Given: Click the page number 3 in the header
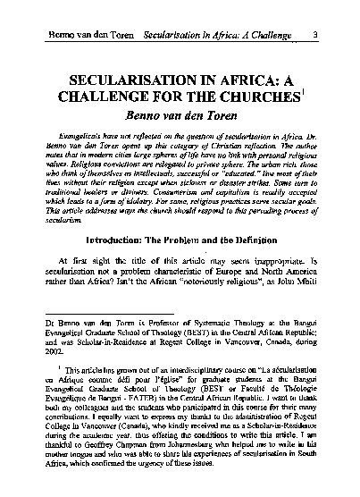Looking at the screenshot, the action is click(330, 12).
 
